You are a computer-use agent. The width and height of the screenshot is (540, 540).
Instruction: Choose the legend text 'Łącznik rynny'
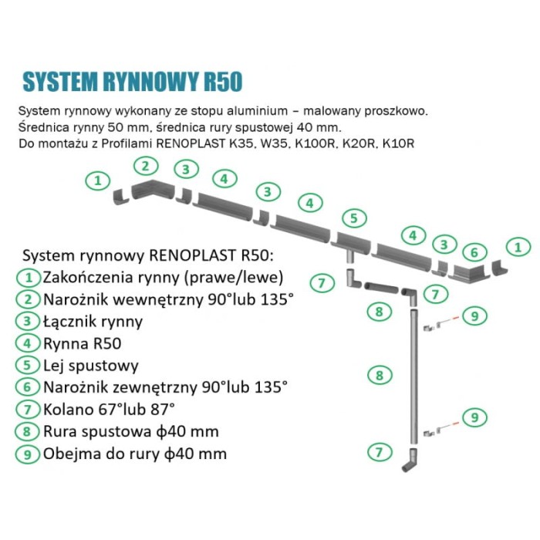[93, 320]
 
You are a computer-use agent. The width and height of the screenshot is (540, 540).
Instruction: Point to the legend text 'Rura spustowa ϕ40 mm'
[131, 430]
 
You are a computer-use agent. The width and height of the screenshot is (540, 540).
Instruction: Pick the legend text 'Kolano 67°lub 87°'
[110, 408]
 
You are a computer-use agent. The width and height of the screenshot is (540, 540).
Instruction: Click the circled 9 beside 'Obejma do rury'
[28, 454]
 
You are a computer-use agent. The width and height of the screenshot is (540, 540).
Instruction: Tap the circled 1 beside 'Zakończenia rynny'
[28, 276]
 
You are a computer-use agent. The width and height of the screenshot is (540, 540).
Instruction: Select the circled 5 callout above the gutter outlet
[353, 218]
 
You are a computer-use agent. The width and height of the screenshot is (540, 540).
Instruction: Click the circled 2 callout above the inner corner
[145, 164]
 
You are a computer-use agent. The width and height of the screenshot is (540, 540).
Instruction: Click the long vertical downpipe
[413, 370]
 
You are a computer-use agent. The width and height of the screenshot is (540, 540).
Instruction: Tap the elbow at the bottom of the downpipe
[412, 461]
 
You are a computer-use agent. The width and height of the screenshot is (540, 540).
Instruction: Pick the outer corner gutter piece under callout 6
[471, 272]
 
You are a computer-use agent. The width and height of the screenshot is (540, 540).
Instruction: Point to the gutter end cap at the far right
[501, 270]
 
